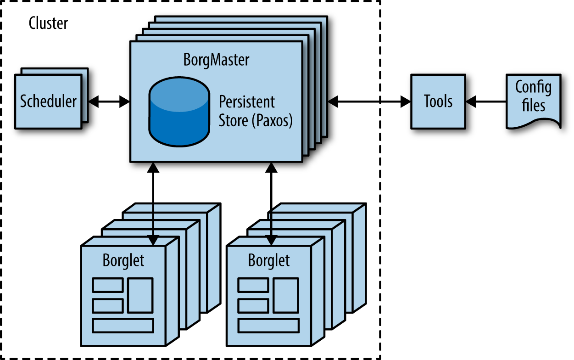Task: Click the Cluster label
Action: (x=48, y=23)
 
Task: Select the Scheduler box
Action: (x=48, y=101)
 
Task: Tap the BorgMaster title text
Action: (x=216, y=60)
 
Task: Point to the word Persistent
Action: (x=247, y=101)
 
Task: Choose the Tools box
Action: (x=438, y=101)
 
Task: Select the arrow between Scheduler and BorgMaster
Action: (x=109, y=102)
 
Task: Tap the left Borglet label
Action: (x=123, y=260)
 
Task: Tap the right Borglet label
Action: (x=269, y=260)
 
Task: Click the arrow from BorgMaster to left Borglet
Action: (x=154, y=202)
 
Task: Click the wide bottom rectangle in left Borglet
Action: (x=123, y=325)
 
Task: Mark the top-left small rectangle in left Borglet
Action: (x=107, y=285)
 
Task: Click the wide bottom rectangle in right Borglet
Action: (x=268, y=325)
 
